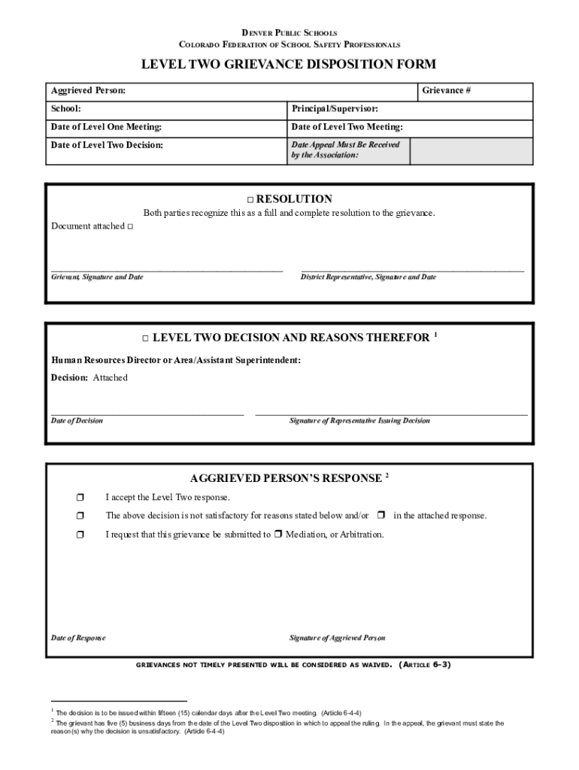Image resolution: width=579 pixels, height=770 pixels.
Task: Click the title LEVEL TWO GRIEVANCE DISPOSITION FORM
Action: (x=289, y=65)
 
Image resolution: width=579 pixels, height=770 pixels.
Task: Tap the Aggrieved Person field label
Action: (x=88, y=91)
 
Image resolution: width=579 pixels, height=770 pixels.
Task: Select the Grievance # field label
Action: (x=446, y=91)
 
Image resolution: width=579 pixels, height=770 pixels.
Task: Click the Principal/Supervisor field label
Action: (x=335, y=110)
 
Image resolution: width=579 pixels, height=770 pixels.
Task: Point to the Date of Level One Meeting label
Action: (x=106, y=127)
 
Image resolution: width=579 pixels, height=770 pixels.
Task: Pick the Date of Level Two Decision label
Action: (x=107, y=144)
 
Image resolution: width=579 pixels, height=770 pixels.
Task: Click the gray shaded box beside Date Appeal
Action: (x=471, y=150)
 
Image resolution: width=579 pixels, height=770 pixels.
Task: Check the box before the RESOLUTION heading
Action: (x=250, y=200)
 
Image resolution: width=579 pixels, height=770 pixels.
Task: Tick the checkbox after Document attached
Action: (x=130, y=227)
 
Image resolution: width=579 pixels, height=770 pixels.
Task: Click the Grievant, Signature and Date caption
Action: (x=97, y=277)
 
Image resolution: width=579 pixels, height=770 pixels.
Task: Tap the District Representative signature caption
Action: (x=368, y=277)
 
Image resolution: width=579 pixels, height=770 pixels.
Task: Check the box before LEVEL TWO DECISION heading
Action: (x=147, y=338)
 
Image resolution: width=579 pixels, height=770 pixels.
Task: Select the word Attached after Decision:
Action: (x=110, y=378)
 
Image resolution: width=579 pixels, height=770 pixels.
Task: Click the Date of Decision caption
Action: (x=77, y=421)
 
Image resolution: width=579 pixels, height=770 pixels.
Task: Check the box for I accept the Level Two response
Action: (x=80, y=497)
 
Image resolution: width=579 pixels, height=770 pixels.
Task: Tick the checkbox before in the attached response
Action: (x=381, y=515)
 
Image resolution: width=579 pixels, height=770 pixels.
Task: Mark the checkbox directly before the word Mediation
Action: (x=277, y=535)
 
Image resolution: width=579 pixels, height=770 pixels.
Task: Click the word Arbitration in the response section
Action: (x=362, y=535)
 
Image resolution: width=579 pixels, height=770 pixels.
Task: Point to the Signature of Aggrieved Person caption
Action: (x=338, y=638)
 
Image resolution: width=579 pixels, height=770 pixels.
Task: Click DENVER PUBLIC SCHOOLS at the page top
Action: (x=289, y=33)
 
